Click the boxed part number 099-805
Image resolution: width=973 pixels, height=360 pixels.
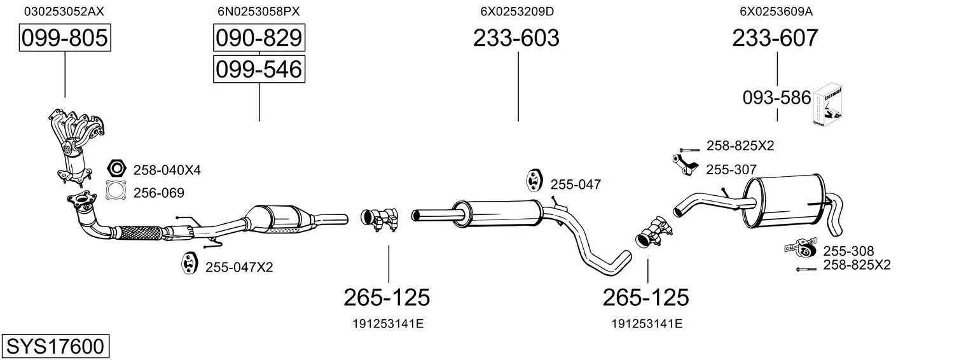[x=65, y=38]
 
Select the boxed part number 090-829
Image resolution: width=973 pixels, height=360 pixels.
[x=259, y=38]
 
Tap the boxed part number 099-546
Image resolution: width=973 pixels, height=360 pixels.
[x=259, y=69]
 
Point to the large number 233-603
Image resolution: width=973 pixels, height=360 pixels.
[x=516, y=38]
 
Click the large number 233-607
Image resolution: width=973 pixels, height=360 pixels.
[x=775, y=38]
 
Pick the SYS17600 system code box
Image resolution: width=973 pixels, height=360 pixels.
[x=55, y=346]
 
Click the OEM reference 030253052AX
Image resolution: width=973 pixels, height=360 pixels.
[x=64, y=11]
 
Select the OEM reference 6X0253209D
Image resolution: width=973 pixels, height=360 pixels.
[x=517, y=11]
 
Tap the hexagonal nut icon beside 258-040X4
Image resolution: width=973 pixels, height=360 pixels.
[x=116, y=169]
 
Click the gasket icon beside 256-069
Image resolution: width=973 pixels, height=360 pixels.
[x=116, y=190]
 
